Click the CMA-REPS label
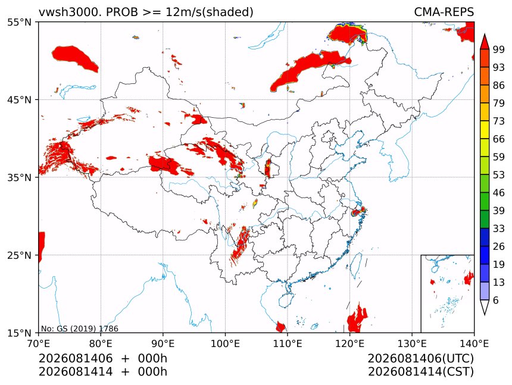point(444,12)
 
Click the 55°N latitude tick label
point(19,23)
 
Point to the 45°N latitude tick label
point(19,100)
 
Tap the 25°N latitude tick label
point(19,255)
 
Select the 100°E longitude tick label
point(225,343)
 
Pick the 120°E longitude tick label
point(349,343)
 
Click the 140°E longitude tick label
point(474,343)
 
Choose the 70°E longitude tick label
point(39,343)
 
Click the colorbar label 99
point(499,49)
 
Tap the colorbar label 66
point(499,139)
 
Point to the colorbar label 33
point(499,229)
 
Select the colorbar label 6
point(496,300)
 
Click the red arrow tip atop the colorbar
point(485,34)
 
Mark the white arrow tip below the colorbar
point(485,315)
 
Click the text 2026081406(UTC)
point(420,359)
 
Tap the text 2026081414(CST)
point(420,372)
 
